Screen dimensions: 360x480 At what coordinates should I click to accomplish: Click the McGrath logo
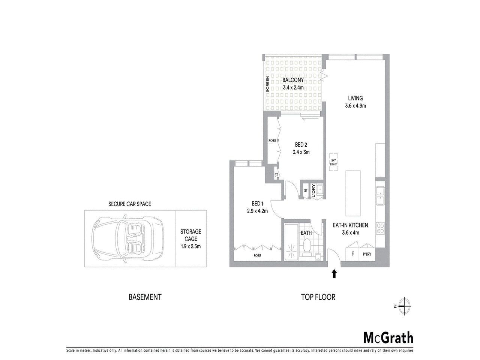[x=388, y=337]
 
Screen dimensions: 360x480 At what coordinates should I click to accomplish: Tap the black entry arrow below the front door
[x=334, y=274]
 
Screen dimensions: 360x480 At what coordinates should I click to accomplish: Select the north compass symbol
[x=404, y=306]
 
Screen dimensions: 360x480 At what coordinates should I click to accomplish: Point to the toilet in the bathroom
[x=306, y=247]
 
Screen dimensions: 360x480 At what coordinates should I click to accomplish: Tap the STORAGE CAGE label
[x=190, y=239]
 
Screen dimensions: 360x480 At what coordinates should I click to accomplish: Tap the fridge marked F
[x=352, y=254]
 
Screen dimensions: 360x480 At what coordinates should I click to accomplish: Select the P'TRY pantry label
[x=367, y=254]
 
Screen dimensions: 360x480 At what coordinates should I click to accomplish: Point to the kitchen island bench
[x=353, y=193]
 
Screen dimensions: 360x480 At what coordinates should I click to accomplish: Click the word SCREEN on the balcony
[x=267, y=84]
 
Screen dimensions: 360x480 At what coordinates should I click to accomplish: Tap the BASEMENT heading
[x=145, y=297]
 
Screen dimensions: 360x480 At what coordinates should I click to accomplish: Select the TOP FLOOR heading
[x=318, y=297]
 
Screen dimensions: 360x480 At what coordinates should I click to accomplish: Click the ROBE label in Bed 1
[x=257, y=255]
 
